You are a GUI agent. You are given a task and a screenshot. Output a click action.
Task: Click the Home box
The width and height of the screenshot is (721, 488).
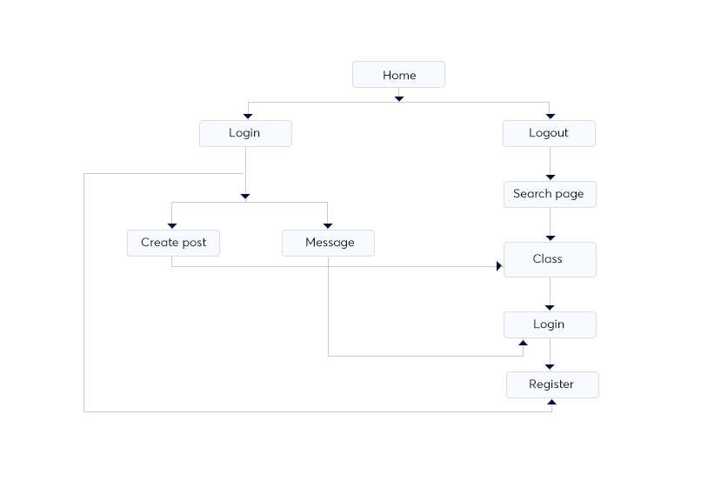pos(398,75)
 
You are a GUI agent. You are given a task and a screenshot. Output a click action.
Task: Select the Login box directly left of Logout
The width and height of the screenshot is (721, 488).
pos(244,133)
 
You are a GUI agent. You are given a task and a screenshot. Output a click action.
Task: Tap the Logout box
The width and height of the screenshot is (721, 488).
pos(549,133)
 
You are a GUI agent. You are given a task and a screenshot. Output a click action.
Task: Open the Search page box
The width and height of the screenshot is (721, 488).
pos(549,194)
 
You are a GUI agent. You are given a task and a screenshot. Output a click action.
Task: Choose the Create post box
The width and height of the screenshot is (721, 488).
pos(173,243)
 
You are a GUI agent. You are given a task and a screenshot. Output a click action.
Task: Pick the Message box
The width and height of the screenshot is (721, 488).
pos(329,243)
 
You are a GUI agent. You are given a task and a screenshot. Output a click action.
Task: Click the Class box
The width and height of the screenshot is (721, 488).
pos(549,259)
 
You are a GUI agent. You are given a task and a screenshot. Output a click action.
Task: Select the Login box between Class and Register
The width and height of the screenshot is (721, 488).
pos(549,324)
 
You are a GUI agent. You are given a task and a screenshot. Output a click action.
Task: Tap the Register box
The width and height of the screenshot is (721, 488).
pos(551,384)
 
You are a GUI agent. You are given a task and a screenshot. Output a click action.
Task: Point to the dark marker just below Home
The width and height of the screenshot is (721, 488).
pos(399,98)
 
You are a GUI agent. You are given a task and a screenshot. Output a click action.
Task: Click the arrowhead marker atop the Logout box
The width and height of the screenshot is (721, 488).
pos(551,115)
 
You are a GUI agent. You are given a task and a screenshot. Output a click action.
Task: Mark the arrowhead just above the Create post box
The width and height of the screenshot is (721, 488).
pos(172,225)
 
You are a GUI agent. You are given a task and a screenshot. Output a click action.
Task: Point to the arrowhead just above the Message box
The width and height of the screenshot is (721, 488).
pos(328,225)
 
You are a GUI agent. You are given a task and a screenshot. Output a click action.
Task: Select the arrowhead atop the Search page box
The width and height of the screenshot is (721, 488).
pos(550,177)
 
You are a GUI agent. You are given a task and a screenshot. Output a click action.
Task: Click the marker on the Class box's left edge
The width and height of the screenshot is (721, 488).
pos(498,266)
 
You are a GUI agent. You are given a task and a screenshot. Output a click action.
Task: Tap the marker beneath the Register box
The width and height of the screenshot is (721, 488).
pos(551,403)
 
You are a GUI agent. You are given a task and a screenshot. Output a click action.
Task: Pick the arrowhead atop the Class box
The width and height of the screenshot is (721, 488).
pos(550,237)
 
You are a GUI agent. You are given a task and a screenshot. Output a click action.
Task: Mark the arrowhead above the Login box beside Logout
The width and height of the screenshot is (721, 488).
pos(248,115)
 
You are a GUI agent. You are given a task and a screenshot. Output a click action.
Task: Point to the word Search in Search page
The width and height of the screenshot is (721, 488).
pos(531,194)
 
